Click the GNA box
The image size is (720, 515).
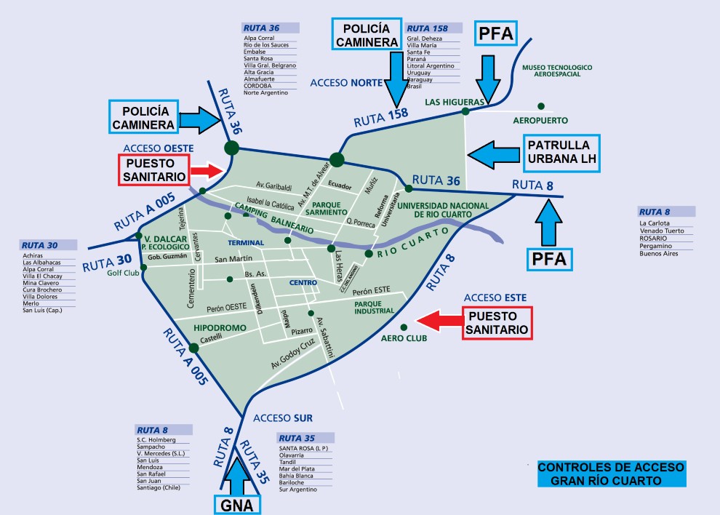(x=236, y=503)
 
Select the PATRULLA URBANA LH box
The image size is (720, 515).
(x=559, y=153)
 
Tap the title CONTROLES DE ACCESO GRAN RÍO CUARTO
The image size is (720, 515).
(x=611, y=474)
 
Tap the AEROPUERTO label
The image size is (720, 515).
(x=540, y=120)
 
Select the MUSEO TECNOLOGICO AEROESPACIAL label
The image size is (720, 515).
(x=557, y=71)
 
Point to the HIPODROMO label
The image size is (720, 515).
(x=215, y=328)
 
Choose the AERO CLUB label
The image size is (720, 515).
(x=404, y=338)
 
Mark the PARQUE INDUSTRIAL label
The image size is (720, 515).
(x=373, y=308)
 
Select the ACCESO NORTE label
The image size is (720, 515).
(x=346, y=83)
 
